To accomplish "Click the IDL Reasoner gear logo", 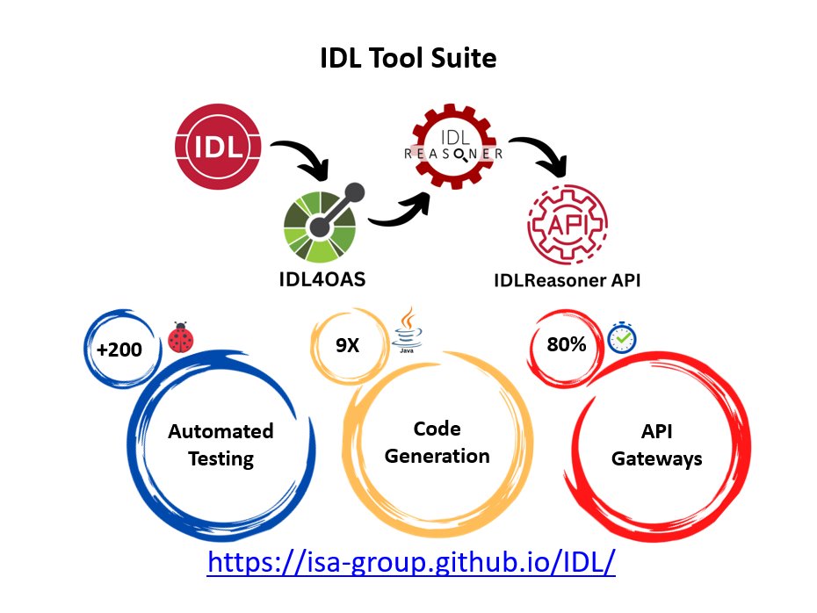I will click(453, 152).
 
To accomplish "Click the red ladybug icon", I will click(181, 338).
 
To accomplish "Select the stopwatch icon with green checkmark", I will click(623, 337).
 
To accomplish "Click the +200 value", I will click(119, 349).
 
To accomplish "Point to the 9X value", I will click(347, 345).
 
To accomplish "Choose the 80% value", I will click(566, 344).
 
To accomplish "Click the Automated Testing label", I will click(221, 444).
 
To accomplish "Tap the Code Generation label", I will click(437, 443).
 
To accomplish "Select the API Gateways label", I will click(657, 444).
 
